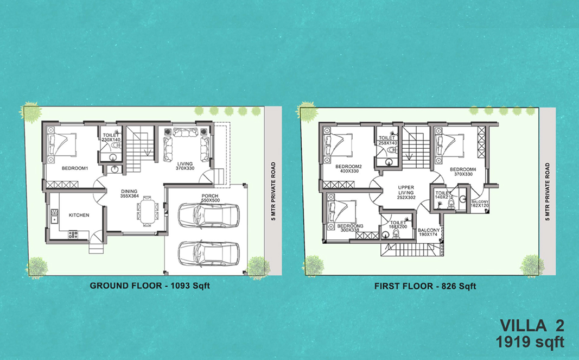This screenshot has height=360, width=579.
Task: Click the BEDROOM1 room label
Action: [75, 168]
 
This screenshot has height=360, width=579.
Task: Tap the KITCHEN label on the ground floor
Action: [79, 215]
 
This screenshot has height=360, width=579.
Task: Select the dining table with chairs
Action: [148, 211]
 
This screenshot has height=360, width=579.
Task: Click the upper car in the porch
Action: [208, 216]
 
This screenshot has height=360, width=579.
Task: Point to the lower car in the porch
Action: [208, 254]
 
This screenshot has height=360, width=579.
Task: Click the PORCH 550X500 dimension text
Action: [210, 198]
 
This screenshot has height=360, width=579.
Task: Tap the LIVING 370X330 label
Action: [185, 166]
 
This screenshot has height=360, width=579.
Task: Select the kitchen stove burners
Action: [73, 235]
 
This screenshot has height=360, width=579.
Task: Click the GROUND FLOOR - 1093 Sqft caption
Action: [150, 286]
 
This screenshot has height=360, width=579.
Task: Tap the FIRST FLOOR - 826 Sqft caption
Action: [425, 286]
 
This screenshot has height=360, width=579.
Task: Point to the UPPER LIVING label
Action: [406, 193]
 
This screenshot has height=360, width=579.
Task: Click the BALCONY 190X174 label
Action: [429, 232]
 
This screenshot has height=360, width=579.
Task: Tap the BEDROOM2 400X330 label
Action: [349, 169]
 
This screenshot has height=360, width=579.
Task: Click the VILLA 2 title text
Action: [532, 326]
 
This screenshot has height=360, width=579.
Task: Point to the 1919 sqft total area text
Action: [530, 342]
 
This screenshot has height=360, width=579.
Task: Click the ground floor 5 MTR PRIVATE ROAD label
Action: [273, 191]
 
